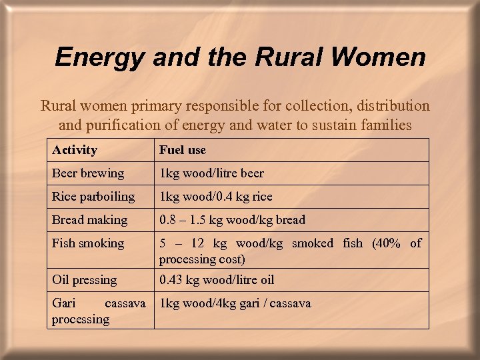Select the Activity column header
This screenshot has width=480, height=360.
click(75, 150)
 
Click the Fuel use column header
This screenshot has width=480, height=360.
click(183, 150)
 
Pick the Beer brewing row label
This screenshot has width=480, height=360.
click(88, 173)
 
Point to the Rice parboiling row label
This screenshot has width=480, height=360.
click(93, 197)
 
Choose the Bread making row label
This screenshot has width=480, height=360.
click(89, 220)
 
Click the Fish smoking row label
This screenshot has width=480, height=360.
click(88, 243)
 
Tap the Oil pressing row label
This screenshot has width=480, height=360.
click(84, 280)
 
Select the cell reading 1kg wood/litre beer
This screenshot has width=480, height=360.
click(211, 173)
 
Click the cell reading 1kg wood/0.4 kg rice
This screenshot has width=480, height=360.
click(215, 197)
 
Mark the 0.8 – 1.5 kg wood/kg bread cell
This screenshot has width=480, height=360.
click(232, 220)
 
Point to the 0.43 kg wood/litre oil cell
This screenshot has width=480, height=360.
click(217, 280)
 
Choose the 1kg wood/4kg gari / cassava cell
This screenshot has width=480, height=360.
click(235, 303)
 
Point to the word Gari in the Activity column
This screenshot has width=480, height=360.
click(64, 303)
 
